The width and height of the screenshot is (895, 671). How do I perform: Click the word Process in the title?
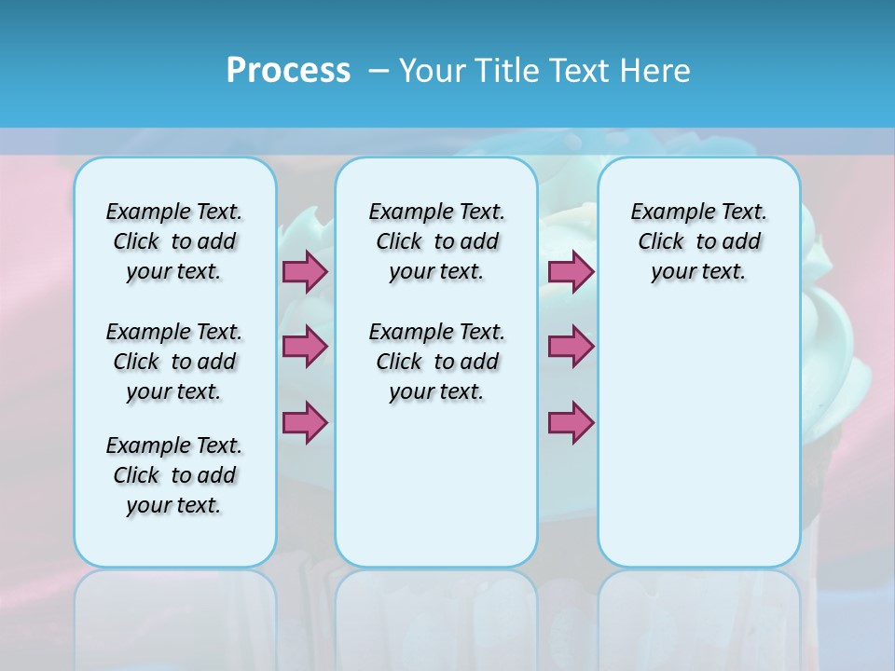[x=288, y=71]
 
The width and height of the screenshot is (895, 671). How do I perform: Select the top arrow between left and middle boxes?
[x=305, y=271]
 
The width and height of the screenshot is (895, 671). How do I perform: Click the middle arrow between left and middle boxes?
[x=305, y=346]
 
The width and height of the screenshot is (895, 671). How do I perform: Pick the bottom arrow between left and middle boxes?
[x=305, y=422]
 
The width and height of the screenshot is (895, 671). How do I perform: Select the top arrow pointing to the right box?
[x=571, y=271]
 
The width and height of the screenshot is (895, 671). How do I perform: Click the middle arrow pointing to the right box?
[x=571, y=346]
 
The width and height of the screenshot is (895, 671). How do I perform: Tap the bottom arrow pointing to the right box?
[x=571, y=422]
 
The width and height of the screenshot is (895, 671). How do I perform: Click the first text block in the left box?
[x=174, y=241]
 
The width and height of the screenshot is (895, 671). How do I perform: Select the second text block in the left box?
[x=174, y=362]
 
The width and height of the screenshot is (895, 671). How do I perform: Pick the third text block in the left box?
[x=174, y=475]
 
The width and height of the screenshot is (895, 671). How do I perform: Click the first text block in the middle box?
[x=436, y=241]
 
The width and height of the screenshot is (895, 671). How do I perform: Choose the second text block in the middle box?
[x=436, y=362]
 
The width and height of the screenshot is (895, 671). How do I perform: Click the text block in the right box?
[x=699, y=241]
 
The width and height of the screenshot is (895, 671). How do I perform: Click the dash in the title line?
[x=379, y=71]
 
